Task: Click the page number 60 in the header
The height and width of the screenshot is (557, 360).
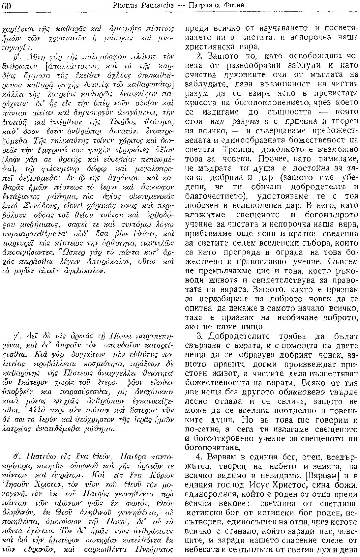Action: point(7,6)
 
